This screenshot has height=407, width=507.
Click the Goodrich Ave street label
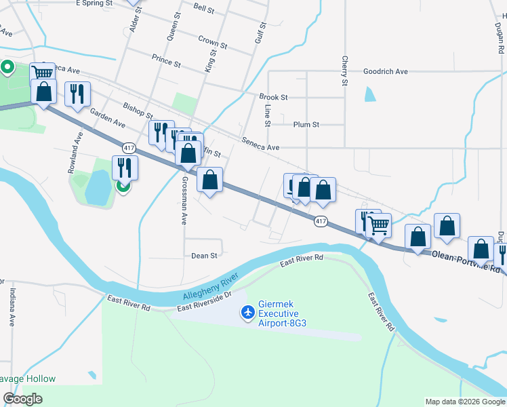tap(385, 71)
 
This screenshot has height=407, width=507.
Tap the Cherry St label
tap(344, 71)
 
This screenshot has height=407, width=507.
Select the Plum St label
tap(306, 125)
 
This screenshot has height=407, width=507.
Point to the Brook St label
tap(274, 97)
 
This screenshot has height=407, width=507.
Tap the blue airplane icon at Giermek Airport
tap(248, 312)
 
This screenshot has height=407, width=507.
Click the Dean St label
tap(204, 256)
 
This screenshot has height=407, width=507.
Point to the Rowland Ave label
tap(76, 153)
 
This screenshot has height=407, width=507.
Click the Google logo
tap(23, 399)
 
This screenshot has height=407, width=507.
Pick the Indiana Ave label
tap(12, 307)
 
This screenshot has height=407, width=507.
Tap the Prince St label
tap(166, 61)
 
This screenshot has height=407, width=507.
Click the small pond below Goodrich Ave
tap(369, 94)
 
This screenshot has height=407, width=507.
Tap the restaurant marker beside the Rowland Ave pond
tap(125, 167)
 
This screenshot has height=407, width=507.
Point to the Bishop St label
tap(138, 110)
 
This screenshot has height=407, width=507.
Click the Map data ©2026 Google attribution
tap(465, 402)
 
